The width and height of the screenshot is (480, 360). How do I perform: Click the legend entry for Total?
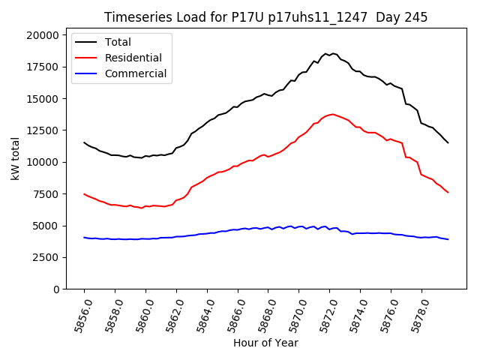click(118, 42)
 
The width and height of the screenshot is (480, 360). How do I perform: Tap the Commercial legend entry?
click(136, 73)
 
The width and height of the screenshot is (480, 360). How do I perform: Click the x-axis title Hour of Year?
click(265, 343)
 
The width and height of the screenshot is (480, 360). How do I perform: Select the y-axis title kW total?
click(15, 159)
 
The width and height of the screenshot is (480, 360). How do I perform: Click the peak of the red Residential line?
click(332, 114)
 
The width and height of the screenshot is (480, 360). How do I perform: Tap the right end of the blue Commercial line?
click(448, 239)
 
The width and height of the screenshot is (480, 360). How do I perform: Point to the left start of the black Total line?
click(84, 142)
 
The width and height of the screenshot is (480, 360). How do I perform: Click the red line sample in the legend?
click(87, 58)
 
